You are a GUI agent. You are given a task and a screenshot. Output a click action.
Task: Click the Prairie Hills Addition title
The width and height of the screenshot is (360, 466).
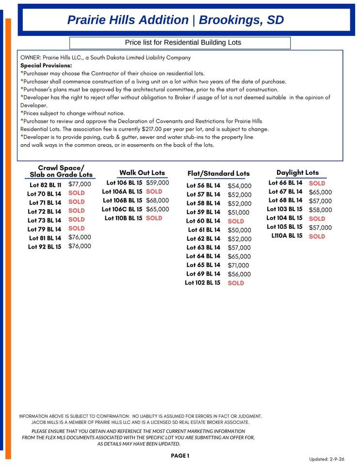coord(175,20)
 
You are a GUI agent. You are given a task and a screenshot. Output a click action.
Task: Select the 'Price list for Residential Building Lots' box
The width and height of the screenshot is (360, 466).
coord(180,43)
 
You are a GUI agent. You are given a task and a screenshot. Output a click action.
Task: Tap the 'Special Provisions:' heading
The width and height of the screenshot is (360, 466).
coord(46,65)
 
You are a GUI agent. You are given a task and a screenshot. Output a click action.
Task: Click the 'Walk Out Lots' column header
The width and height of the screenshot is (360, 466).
coord(142,173)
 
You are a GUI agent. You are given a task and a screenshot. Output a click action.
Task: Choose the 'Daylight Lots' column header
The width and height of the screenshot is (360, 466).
coord(297,173)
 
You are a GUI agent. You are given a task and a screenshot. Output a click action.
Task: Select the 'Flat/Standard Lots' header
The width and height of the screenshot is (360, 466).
coord(218,173)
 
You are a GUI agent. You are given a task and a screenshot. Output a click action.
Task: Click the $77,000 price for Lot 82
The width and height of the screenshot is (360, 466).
coord(80,184)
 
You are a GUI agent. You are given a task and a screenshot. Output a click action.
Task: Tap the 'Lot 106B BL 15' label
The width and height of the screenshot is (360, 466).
coord(122,200)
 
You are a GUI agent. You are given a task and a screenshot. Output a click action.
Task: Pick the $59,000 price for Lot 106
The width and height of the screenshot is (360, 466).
coord(158,183)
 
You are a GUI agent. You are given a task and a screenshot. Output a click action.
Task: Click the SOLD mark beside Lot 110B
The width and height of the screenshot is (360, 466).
coord(154,218)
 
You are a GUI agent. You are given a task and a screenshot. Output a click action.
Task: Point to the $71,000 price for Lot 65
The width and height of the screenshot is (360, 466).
coord(238,266)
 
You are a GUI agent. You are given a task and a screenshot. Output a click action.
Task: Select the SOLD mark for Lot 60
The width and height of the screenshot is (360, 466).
coord(236,221)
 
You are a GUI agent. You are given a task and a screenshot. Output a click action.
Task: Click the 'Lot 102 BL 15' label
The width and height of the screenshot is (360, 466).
coord(202,283)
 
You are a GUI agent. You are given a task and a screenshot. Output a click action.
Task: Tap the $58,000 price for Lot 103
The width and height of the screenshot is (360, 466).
coord(320,210)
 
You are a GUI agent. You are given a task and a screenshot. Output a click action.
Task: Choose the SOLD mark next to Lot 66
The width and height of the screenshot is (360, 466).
coord(317,183)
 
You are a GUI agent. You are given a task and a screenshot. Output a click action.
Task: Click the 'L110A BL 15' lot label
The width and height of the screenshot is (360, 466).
coord(287,236)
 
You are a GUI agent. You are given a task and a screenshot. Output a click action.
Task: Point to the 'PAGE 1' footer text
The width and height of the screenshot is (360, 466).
coord(180,456)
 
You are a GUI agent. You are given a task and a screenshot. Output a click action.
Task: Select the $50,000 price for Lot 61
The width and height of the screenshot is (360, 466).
coord(240,230)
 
